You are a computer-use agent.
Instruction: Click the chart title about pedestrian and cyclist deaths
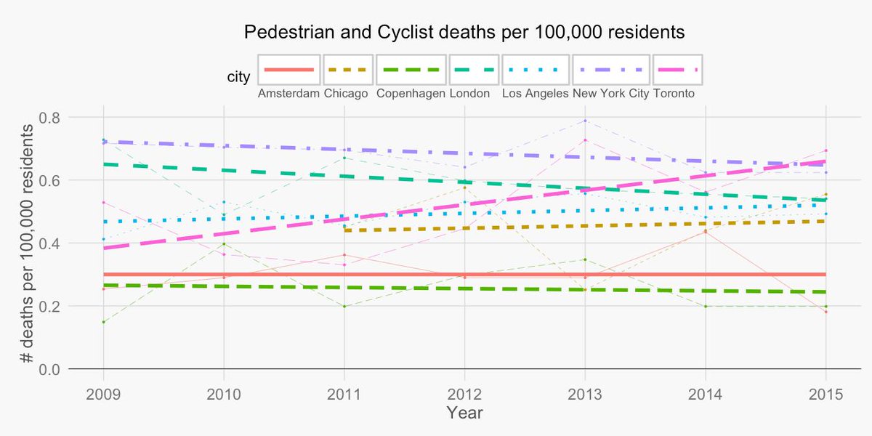[464, 33]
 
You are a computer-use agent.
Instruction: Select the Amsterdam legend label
[288, 94]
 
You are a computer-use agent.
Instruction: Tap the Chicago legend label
[346, 94]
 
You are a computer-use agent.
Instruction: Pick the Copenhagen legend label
[411, 94]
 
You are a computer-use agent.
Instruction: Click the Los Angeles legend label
[535, 94]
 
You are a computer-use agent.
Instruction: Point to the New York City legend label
[611, 94]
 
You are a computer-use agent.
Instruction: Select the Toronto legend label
[674, 94]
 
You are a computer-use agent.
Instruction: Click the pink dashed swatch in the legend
[677, 70]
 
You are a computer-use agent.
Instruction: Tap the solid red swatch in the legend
[288, 70]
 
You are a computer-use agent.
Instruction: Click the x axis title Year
[465, 413]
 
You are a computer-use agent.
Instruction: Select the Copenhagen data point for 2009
[103, 322]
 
